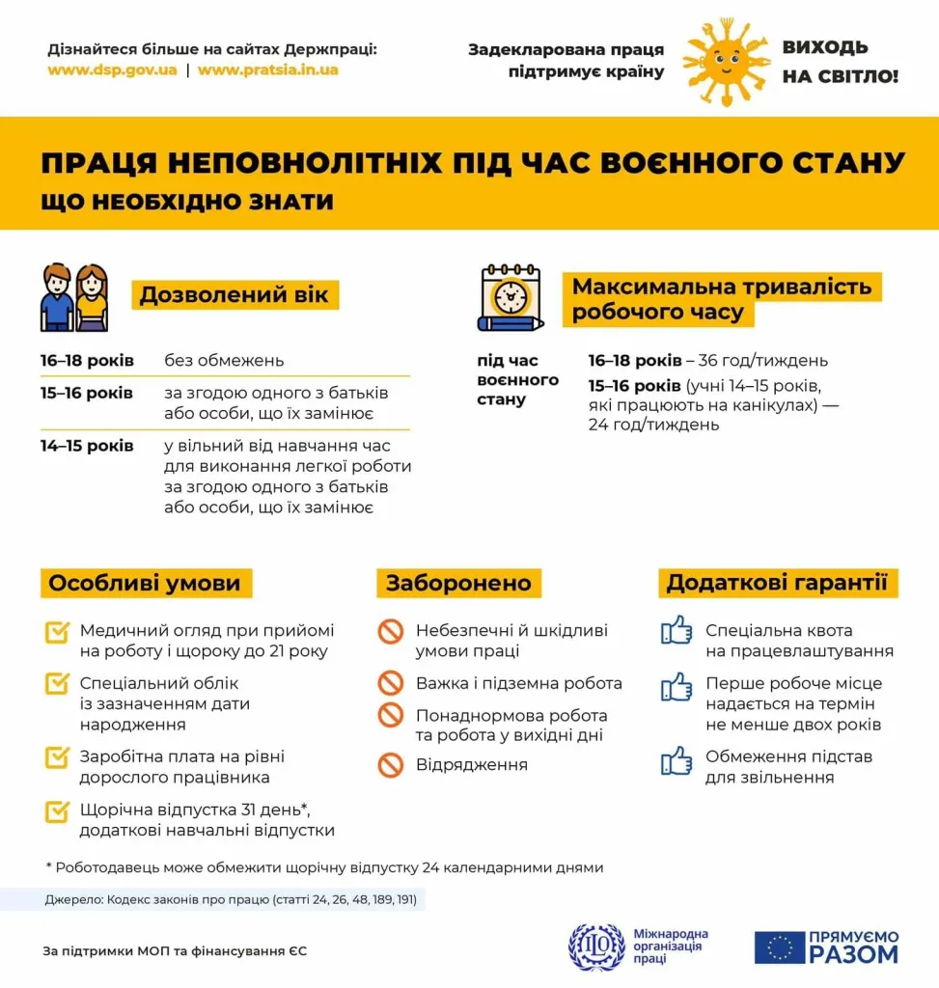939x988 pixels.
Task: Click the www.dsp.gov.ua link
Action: pyautogui.click(x=112, y=70)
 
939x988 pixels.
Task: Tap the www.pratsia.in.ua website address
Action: pyautogui.click(x=268, y=70)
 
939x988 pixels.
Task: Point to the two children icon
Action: pyautogui.click(x=74, y=298)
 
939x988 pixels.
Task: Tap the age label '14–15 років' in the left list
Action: pyautogui.click(x=87, y=446)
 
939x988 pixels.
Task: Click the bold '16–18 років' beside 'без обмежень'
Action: pyautogui.click(x=87, y=361)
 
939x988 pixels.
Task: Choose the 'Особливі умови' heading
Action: pyautogui.click(x=145, y=583)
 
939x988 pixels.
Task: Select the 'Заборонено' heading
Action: pyautogui.click(x=458, y=583)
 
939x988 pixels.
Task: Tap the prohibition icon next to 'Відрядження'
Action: pyautogui.click(x=390, y=765)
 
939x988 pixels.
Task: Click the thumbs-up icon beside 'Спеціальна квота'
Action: pyautogui.click(x=677, y=631)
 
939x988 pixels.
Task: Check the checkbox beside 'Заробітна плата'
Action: pyautogui.click(x=57, y=757)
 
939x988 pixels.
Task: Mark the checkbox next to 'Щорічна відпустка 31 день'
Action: pyautogui.click(x=57, y=810)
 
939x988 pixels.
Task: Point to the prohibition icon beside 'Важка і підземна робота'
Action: pyautogui.click(x=390, y=683)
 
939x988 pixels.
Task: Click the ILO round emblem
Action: pyautogui.click(x=596, y=947)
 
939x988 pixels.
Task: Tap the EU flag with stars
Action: pyautogui.click(x=780, y=947)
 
